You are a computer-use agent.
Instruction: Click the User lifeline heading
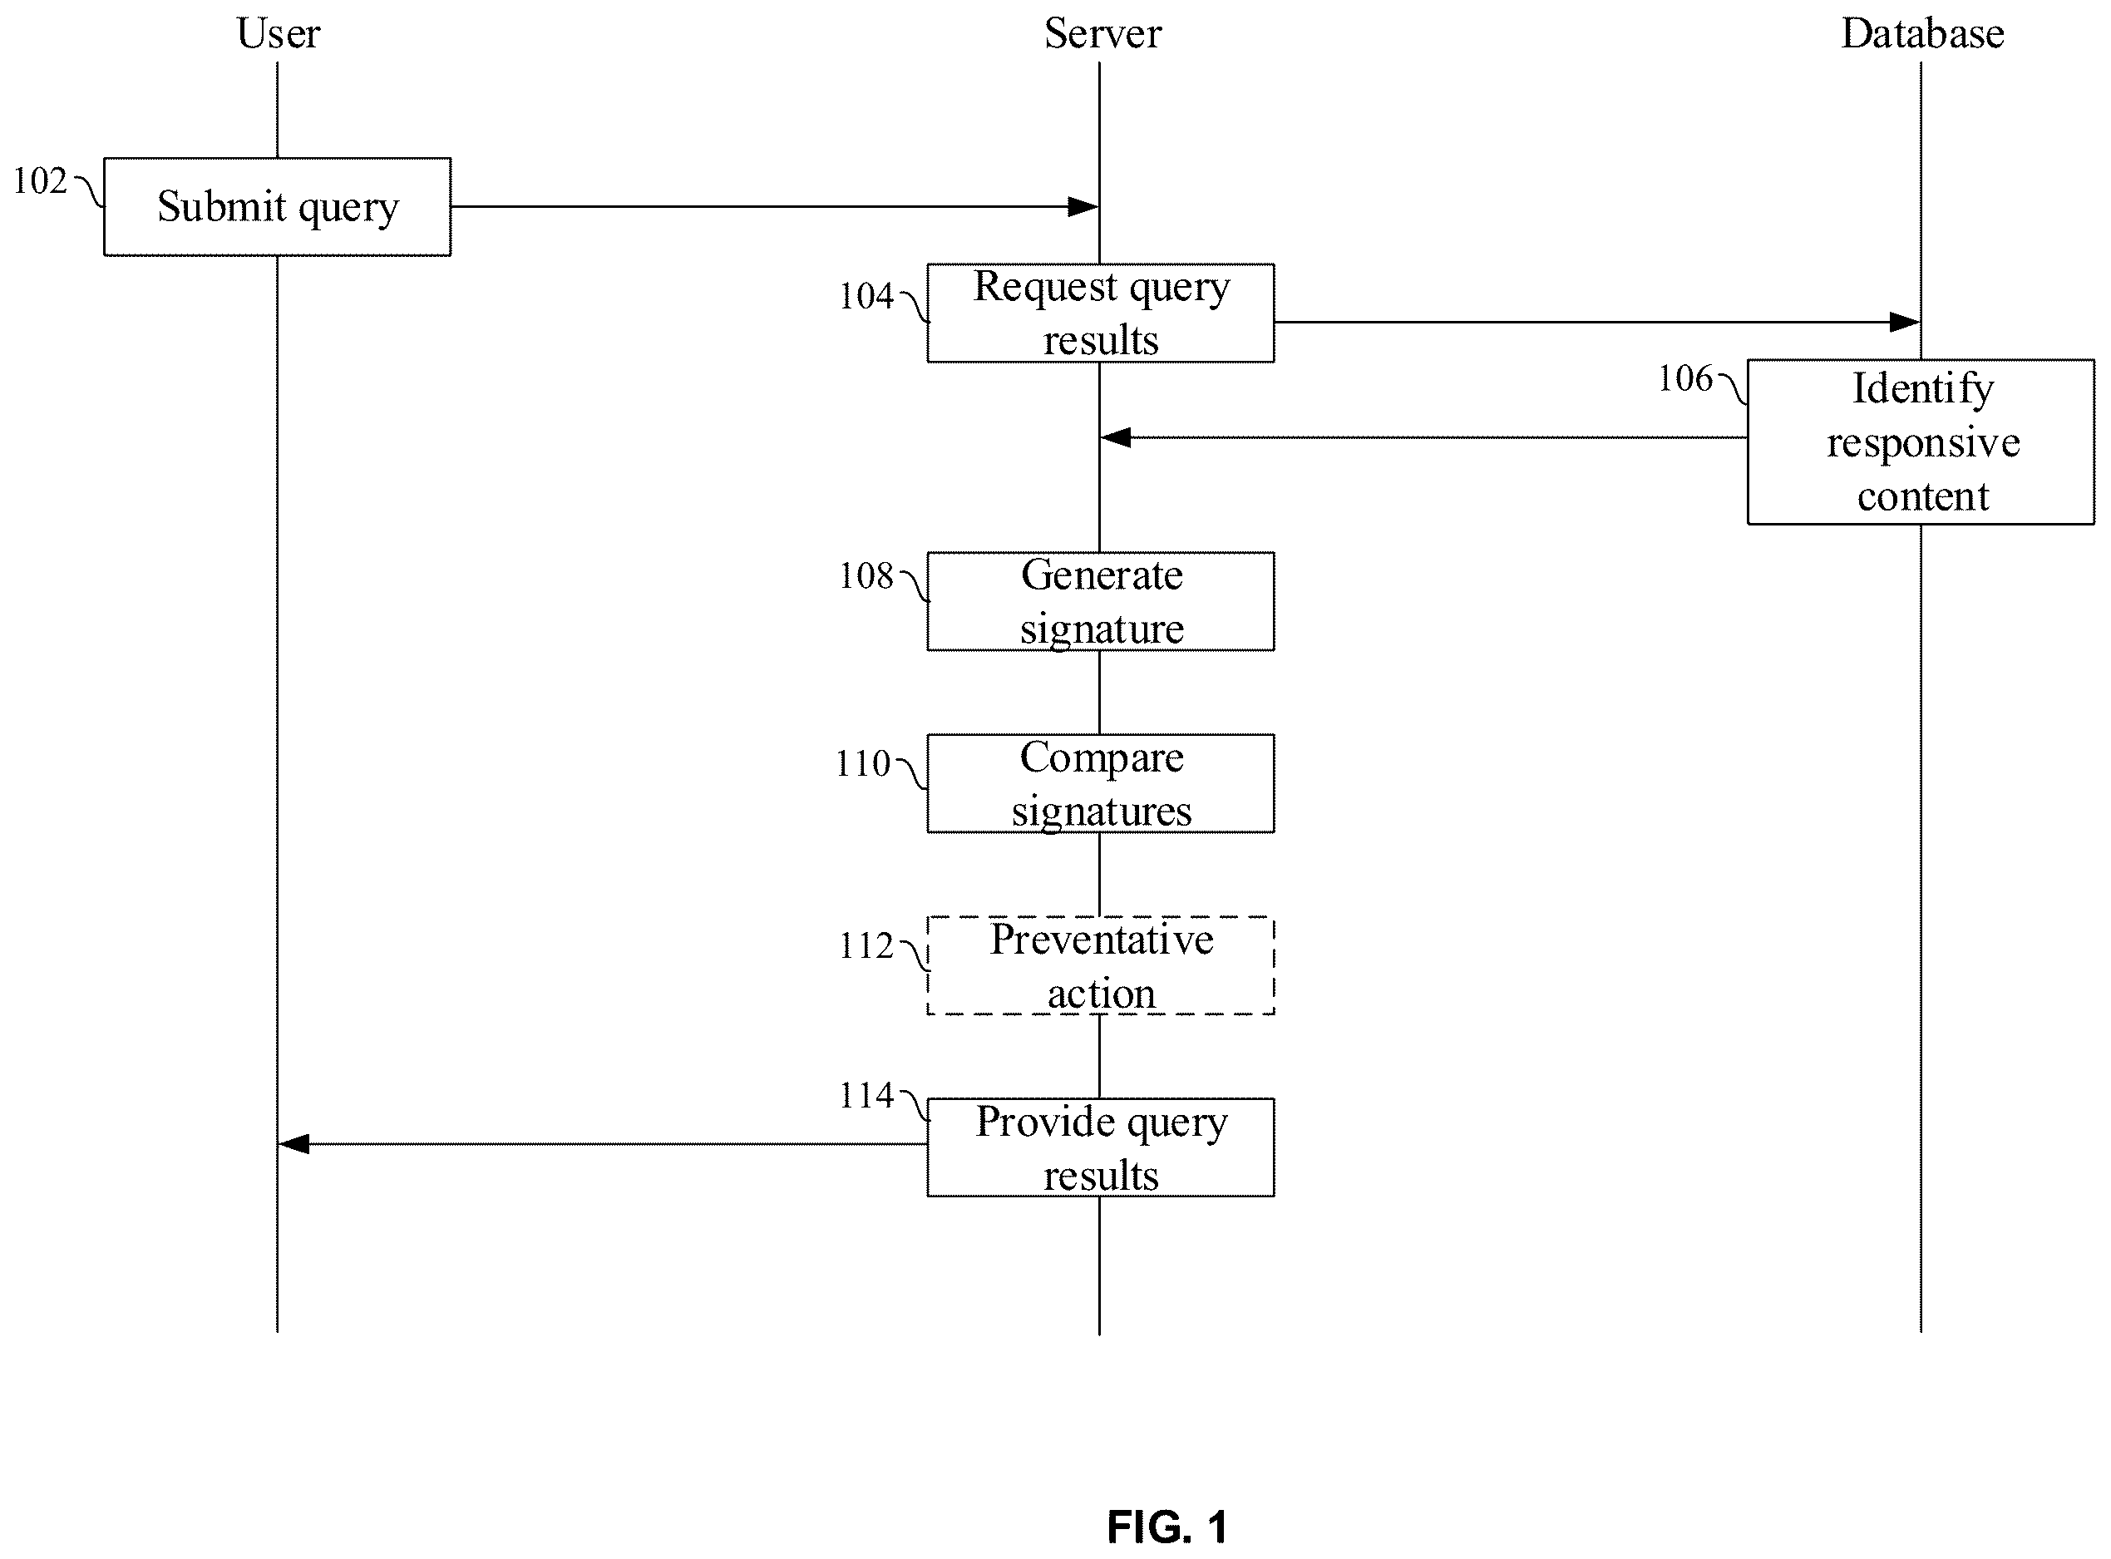coord(279,34)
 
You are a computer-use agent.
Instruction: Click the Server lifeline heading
coord(1102,34)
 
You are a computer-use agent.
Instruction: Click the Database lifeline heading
coord(1922,34)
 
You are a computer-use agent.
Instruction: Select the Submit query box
coord(278,207)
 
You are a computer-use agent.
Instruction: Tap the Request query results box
coord(1100,313)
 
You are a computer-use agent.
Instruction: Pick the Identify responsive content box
coord(1921,442)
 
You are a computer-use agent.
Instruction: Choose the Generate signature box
coord(1100,602)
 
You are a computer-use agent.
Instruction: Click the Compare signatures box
coord(1100,784)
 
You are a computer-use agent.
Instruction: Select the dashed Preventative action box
coord(1100,966)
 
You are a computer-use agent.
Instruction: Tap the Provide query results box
coord(1100,1148)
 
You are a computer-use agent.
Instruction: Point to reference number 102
coord(40,181)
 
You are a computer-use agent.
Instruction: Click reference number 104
coord(866,296)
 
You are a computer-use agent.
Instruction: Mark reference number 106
coord(1685,378)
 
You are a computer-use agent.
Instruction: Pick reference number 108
coord(866,575)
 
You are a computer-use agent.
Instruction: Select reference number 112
coord(866,945)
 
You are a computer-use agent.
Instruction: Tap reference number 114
coord(866,1096)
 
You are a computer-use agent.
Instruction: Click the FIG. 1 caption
coord(1167,1527)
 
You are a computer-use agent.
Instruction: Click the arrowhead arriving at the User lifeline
coord(293,1145)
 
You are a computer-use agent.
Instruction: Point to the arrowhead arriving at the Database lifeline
coord(1904,323)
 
